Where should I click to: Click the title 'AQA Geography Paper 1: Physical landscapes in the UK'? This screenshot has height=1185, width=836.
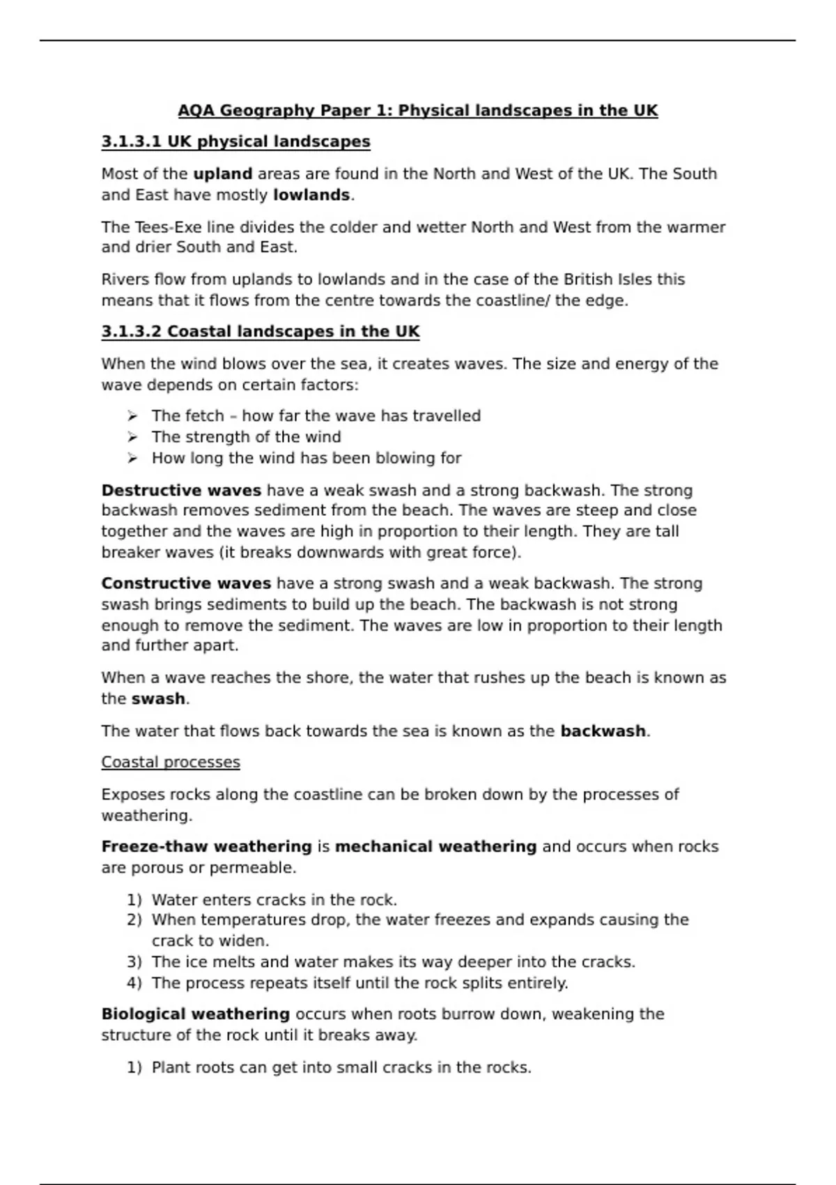(417, 111)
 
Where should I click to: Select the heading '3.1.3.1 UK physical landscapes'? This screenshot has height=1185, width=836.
(235, 142)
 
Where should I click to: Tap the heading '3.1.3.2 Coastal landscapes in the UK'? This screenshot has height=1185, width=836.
(261, 332)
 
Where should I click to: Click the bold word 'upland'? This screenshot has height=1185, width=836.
(222, 174)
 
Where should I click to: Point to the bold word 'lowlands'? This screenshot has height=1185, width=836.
(311, 195)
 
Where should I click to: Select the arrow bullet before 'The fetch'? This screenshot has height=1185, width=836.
(132, 416)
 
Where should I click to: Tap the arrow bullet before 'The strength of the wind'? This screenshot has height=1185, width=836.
(132, 437)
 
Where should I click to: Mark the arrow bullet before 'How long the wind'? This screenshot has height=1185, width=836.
(132, 458)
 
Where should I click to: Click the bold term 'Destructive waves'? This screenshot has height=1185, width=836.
(181, 491)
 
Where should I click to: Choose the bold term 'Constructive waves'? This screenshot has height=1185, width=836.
(186, 583)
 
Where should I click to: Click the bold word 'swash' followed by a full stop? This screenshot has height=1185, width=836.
(158, 699)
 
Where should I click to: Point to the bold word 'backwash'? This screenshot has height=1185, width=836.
(603, 731)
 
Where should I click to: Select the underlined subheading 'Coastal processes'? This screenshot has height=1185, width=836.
(171, 763)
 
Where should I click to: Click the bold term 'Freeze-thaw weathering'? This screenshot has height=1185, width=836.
(206, 847)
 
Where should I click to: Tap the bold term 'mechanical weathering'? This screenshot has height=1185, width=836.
(435, 847)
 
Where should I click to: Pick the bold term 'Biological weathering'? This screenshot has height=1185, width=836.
(195, 1014)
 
